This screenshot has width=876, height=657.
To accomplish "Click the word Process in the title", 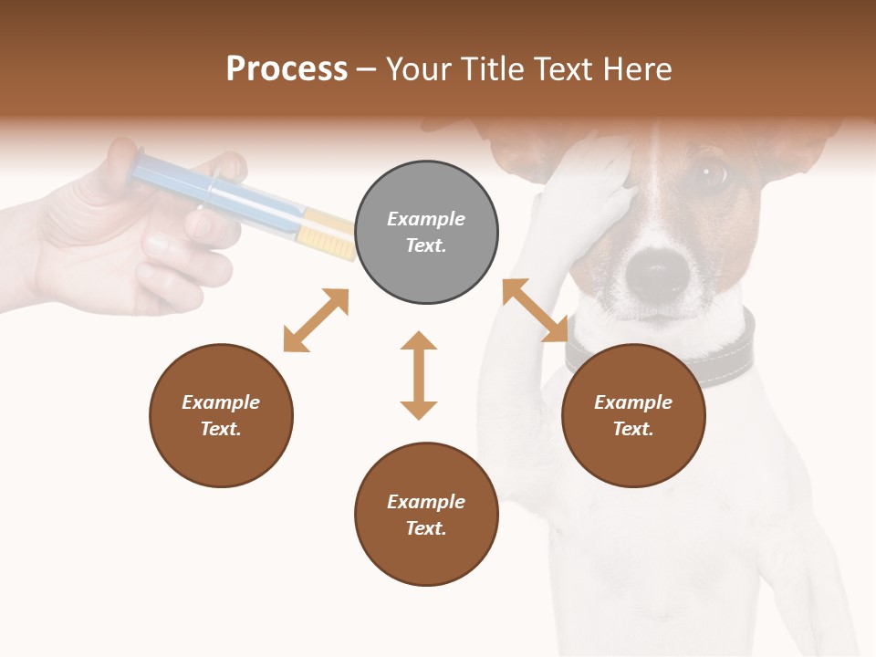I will click(287, 69).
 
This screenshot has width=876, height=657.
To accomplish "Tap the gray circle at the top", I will click(426, 233).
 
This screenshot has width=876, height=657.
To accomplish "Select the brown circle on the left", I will click(221, 415).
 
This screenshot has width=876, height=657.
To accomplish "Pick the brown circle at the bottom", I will click(426, 514).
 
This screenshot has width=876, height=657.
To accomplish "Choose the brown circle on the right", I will click(633, 415).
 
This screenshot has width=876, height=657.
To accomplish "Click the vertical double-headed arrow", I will click(419, 375).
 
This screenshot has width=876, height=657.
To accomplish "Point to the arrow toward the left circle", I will click(316, 320).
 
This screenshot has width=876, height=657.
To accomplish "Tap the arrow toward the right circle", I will click(536, 310).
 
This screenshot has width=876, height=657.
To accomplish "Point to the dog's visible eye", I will click(709, 172).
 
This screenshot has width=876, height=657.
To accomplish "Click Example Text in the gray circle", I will click(426, 232).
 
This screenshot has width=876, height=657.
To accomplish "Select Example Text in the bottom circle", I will click(426, 515).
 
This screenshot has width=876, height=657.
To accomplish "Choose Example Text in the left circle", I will click(221, 415).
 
